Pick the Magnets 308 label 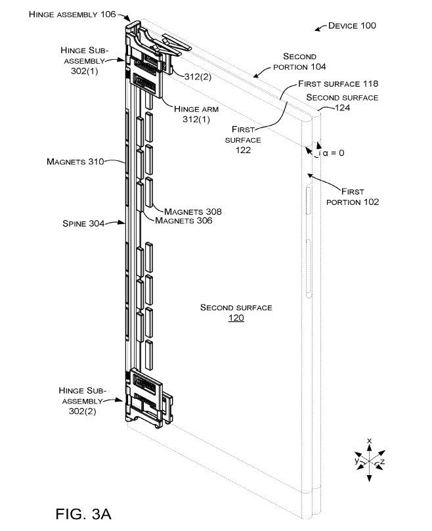click(193, 212)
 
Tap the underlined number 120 click(236, 318)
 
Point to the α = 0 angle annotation click(332, 152)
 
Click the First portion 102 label click(352, 196)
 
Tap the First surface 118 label click(337, 84)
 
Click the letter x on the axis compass click(370, 440)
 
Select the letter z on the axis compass click(382, 463)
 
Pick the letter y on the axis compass click(356, 461)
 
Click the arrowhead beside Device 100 click(318, 28)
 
